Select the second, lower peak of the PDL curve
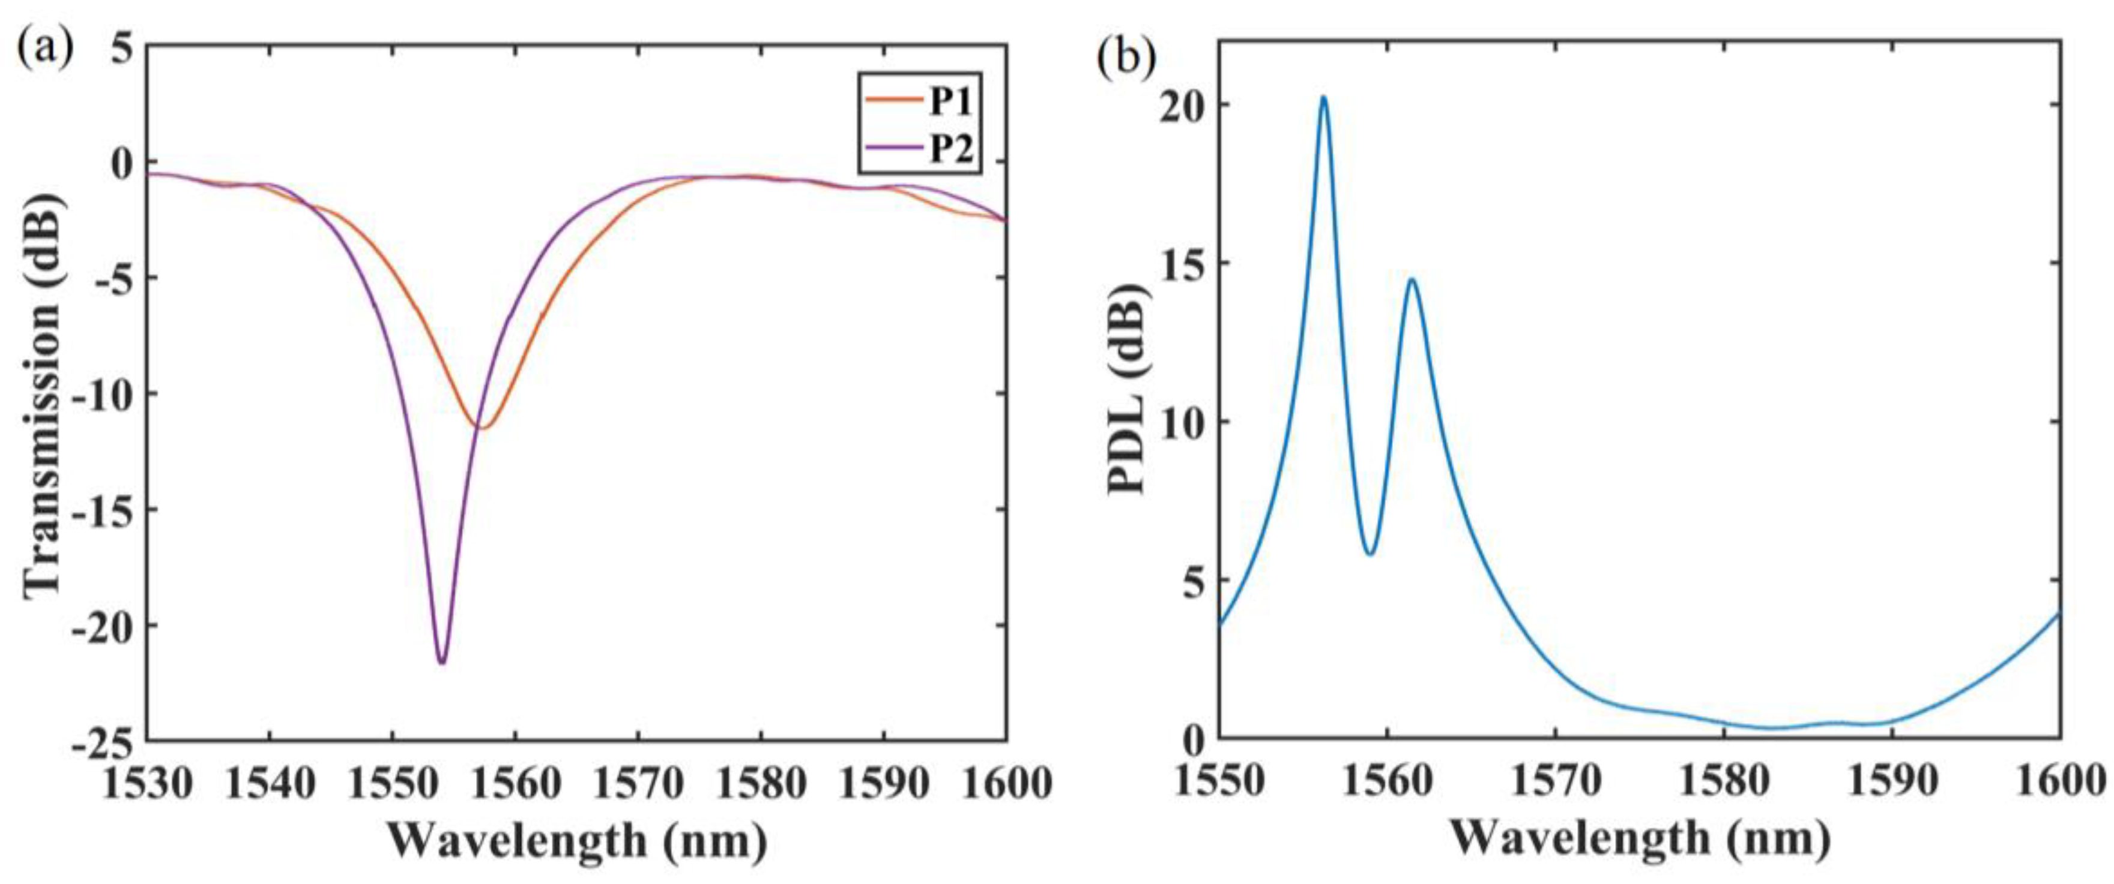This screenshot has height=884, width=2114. click(1412, 281)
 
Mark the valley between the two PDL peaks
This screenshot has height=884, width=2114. click(1369, 554)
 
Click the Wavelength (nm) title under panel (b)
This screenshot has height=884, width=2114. click(1640, 840)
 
